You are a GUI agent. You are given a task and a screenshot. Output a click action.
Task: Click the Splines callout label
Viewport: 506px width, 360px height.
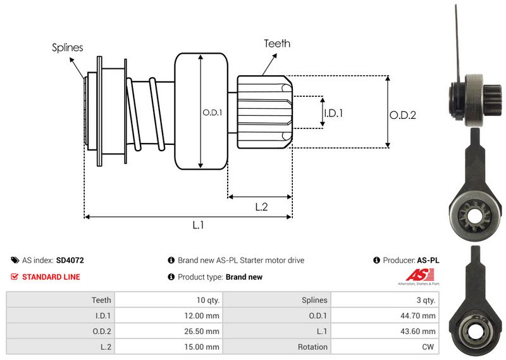coord(67,47)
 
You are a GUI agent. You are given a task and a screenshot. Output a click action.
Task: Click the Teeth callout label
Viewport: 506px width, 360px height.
coord(277,43)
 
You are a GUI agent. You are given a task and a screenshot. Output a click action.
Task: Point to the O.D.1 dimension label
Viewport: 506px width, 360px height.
coord(212,113)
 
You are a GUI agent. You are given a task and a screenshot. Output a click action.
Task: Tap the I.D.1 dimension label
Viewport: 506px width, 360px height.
coord(333,113)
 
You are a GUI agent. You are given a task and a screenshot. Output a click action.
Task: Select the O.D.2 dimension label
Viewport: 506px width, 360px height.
coord(402,115)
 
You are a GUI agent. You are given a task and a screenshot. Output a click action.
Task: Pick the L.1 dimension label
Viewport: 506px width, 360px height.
coord(198,225)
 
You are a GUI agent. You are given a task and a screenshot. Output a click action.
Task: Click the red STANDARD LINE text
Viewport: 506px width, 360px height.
coord(51,276)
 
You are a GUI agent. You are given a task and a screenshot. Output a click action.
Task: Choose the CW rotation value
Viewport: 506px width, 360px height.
coord(429,347)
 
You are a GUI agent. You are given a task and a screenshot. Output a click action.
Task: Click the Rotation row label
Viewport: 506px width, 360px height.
coord(312,347)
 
